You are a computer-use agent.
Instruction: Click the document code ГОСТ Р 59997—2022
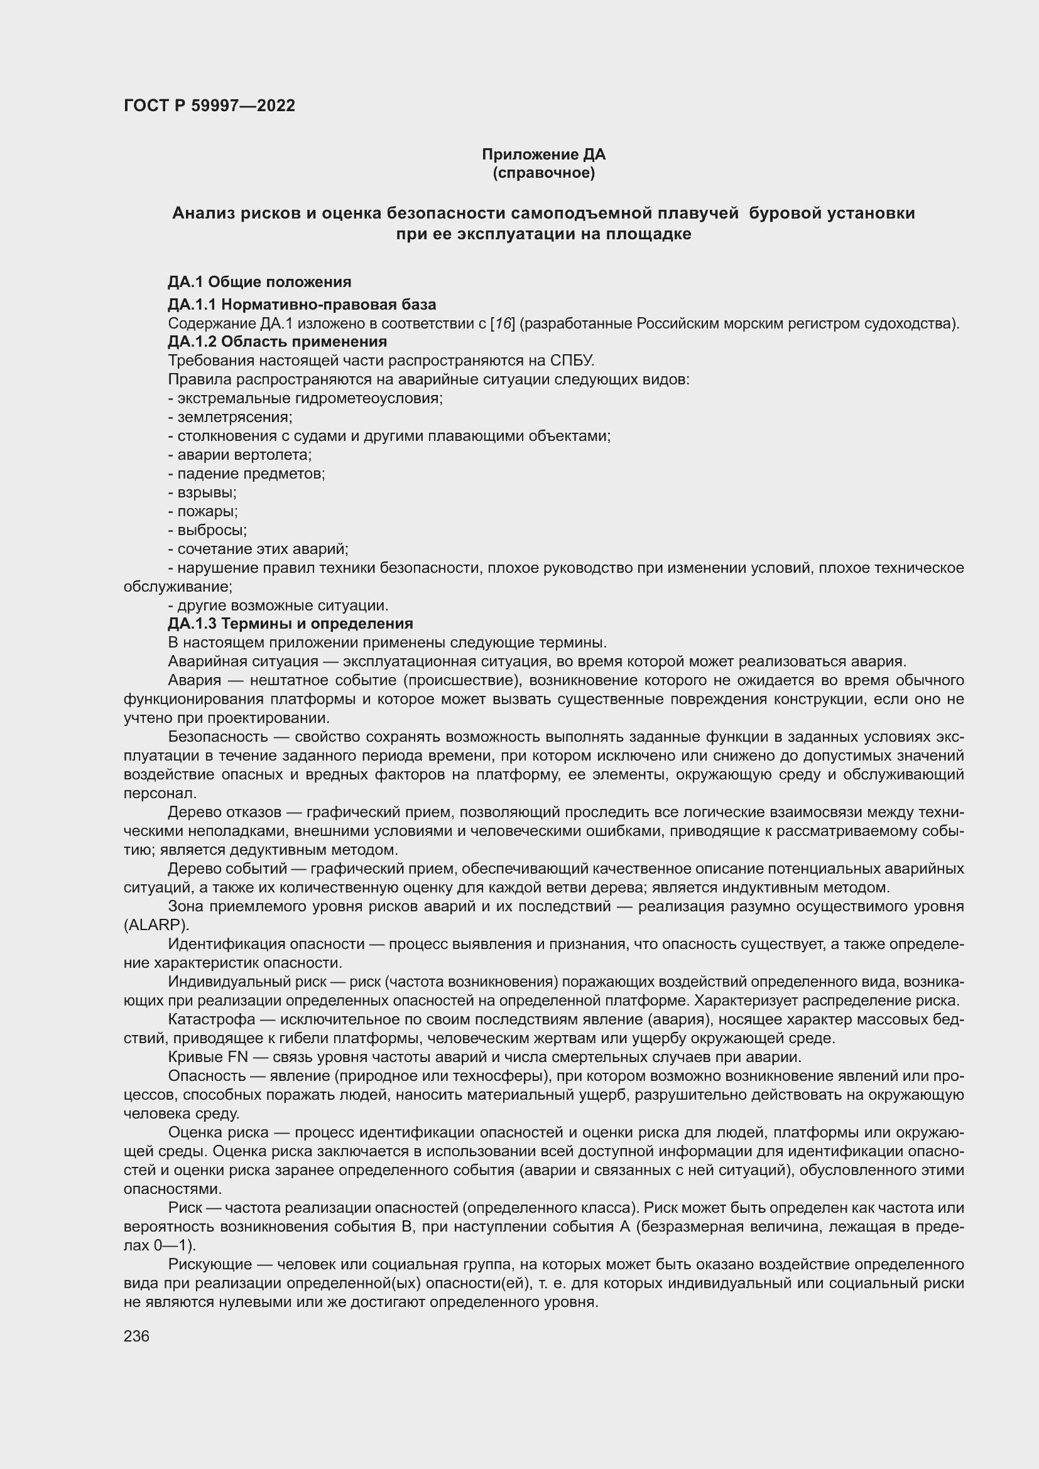tap(209, 106)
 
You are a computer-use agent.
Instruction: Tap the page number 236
tap(136, 1336)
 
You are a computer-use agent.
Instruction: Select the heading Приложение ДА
tap(543, 154)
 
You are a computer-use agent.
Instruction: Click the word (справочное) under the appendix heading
tap(543, 173)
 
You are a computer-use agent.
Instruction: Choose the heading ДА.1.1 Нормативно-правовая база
tap(302, 305)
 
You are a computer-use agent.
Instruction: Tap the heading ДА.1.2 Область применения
tap(277, 342)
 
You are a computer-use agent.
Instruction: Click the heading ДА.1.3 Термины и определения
tap(290, 623)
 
